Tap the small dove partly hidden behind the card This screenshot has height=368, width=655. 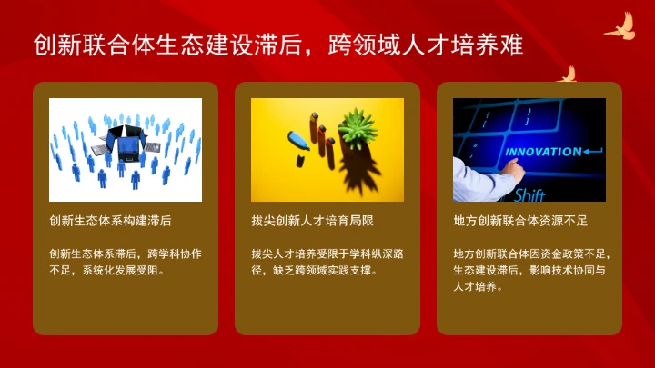[568, 74]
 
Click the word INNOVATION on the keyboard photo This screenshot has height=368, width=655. [542, 152]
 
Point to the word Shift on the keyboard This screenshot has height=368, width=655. [529, 194]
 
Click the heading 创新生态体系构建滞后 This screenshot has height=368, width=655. [110, 220]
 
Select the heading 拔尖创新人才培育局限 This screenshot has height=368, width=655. [312, 220]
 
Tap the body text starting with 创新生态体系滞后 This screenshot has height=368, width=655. [125, 261]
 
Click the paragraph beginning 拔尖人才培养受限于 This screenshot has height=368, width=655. [327, 261]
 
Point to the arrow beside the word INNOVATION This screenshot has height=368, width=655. [592, 151]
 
